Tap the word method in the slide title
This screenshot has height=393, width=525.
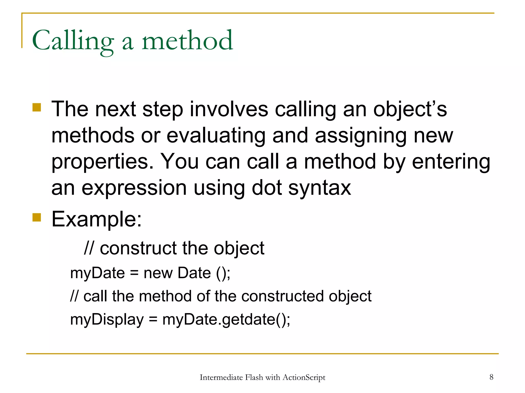pyautogui.click(x=187, y=40)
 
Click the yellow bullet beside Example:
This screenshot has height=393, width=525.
pyautogui.click(x=37, y=217)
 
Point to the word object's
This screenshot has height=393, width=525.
pyautogui.click(x=410, y=109)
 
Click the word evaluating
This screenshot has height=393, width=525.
pyautogui.click(x=216, y=136)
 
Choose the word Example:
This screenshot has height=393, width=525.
pyautogui.click(x=97, y=219)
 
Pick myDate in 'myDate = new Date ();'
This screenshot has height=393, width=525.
pyautogui.click(x=97, y=273)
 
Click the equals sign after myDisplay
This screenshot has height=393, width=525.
pyautogui.click(x=153, y=320)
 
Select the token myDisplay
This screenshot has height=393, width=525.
pyautogui.click(x=107, y=320)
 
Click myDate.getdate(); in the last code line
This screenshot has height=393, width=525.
pyautogui.click(x=226, y=320)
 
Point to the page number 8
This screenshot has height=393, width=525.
pyautogui.click(x=491, y=377)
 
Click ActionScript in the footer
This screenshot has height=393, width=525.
pyautogui.click(x=304, y=377)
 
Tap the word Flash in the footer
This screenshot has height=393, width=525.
pyautogui.click(x=254, y=377)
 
